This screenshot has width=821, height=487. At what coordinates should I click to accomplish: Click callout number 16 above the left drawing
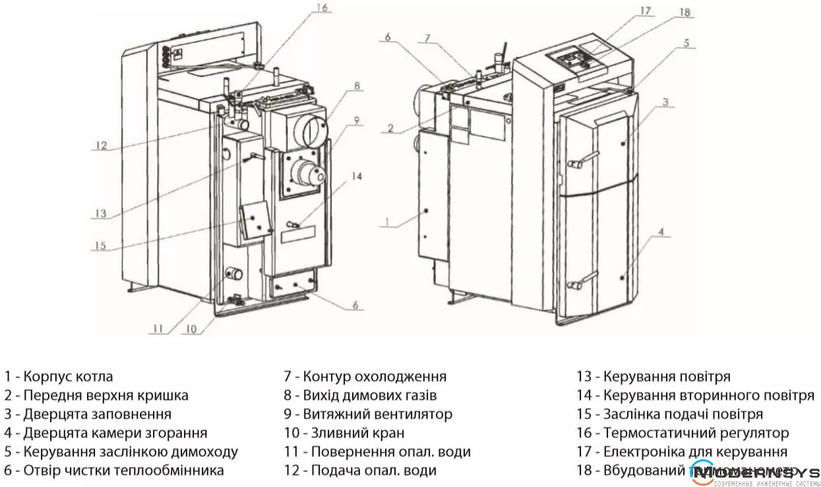pos(322,9)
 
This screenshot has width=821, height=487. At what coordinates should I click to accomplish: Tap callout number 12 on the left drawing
pos(100,146)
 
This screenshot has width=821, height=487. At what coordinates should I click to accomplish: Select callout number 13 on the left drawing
pos(100,213)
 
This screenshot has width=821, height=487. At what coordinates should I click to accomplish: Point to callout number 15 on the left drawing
pos(100,245)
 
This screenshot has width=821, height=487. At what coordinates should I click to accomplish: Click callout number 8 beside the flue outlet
pos(356,86)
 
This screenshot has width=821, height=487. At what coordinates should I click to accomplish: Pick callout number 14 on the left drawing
pos(356,176)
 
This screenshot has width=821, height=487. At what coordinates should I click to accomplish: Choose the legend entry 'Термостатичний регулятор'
pos(683,434)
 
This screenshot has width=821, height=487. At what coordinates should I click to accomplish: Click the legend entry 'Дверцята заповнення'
pos(88,414)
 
